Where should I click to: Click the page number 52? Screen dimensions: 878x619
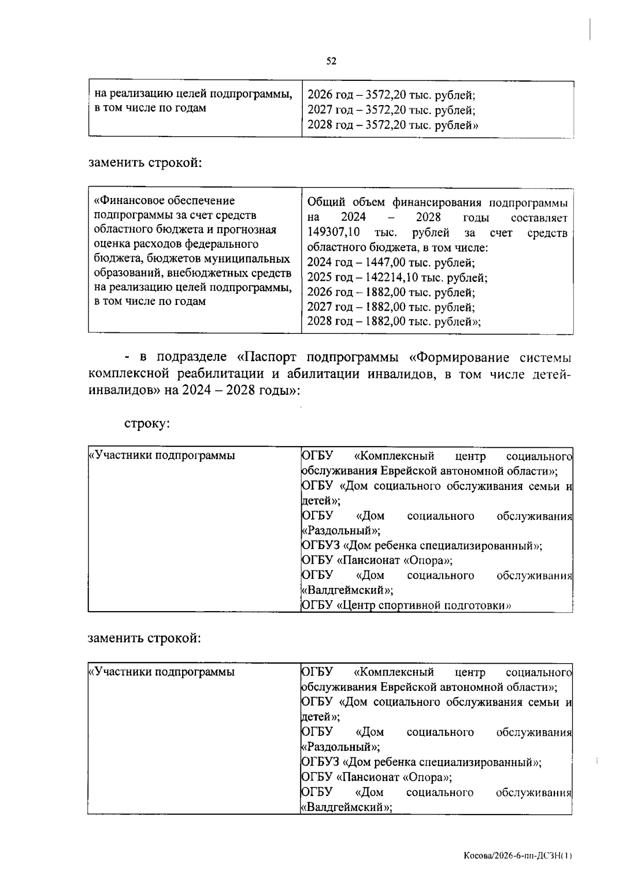pos(331,61)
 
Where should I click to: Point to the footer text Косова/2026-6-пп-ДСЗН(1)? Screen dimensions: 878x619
pos(517,856)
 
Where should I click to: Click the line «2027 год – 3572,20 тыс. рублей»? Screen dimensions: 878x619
pos(391,110)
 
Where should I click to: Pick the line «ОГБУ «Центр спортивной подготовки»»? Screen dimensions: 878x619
pos(406,605)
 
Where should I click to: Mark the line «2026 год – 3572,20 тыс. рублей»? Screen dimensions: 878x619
pos(391,95)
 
